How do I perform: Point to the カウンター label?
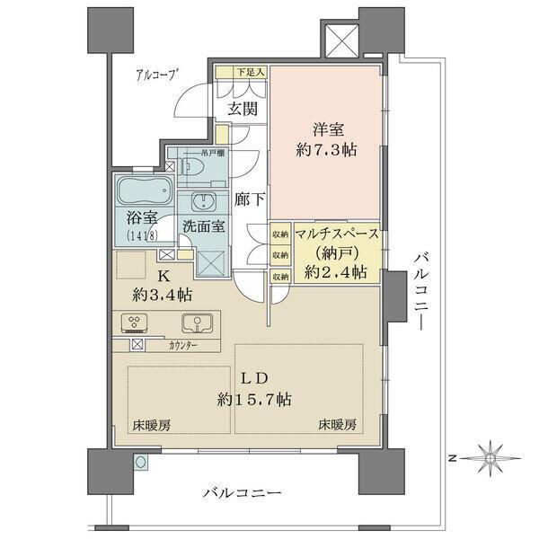(x=182, y=345)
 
